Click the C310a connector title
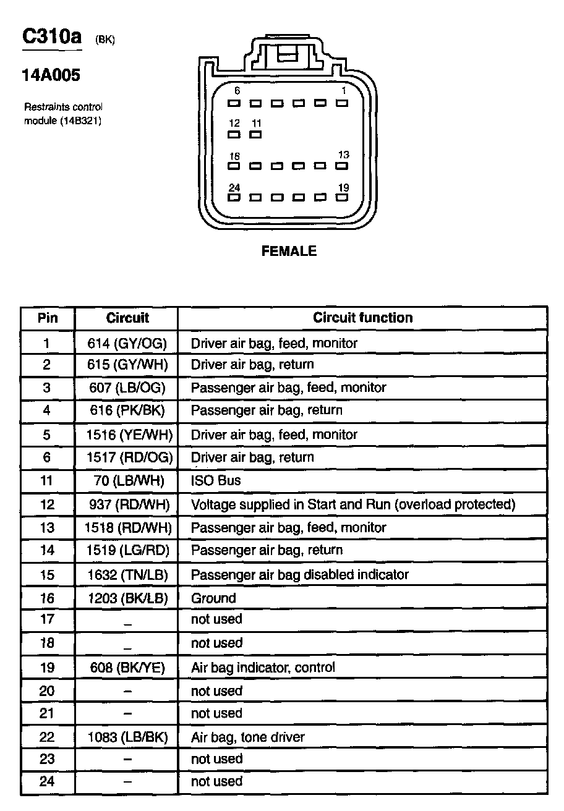point(52,37)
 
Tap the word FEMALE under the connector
point(289,251)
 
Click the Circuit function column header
point(362,318)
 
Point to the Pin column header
point(48,318)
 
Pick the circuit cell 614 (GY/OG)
point(127,342)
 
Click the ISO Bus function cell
point(216,480)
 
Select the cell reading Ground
point(213,598)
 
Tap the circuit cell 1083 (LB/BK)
point(127,737)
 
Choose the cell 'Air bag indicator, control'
point(263,668)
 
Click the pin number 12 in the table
point(48,504)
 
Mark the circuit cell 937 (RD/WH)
point(127,504)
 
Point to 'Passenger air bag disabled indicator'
point(299,574)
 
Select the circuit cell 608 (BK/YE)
point(127,668)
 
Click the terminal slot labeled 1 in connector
point(341,103)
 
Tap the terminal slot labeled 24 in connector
point(234,198)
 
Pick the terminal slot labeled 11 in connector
point(255,134)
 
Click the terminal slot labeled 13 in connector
point(341,166)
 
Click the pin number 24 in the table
point(48,781)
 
